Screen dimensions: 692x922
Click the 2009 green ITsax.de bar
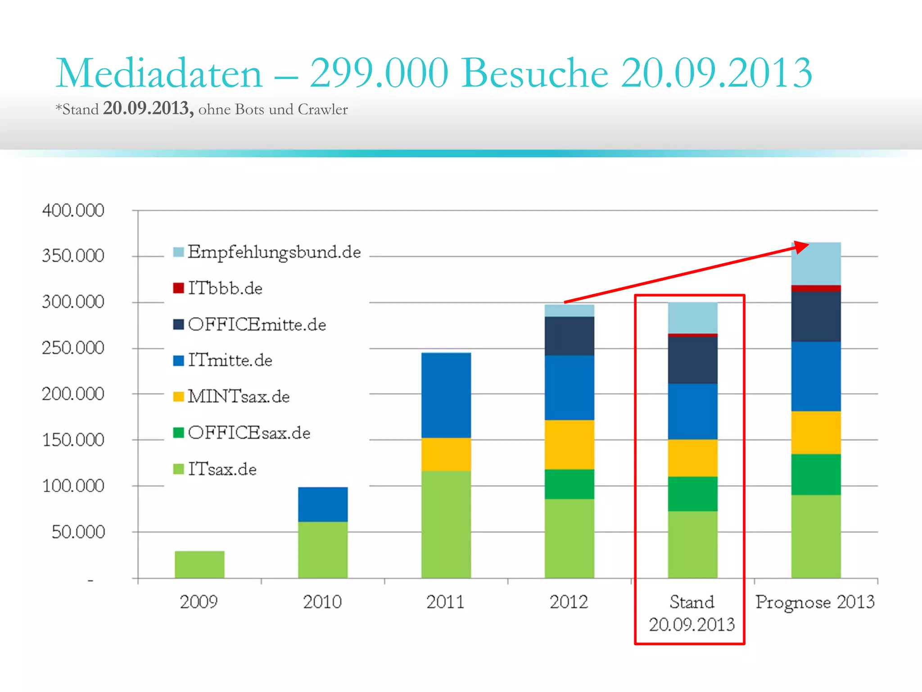[199, 564]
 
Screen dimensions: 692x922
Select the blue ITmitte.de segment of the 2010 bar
[323, 504]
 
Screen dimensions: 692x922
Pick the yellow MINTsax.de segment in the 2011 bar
[446, 454]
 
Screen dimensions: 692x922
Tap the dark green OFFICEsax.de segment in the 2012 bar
[569, 484]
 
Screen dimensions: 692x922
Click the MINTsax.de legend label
[238, 396]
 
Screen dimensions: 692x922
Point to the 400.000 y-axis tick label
[73, 210]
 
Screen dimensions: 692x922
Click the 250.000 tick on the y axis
[73, 348]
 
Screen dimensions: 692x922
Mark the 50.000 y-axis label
[78, 532]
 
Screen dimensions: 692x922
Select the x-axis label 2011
[445, 602]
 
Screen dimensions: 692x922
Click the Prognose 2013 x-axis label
[815, 602]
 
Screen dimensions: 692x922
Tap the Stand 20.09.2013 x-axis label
[691, 613]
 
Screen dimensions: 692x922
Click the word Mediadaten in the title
[159, 73]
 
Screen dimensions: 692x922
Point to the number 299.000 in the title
[379, 73]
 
